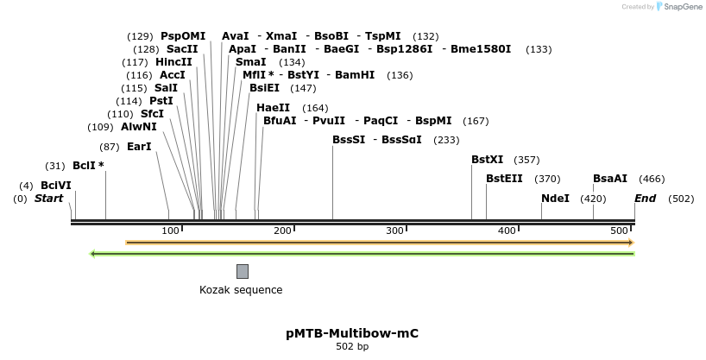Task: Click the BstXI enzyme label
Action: [x=487, y=160]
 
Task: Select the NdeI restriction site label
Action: [x=555, y=199]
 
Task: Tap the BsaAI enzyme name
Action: [x=609, y=179]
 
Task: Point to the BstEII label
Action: [x=504, y=179]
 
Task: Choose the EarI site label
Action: [x=139, y=147]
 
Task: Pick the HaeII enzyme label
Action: [x=273, y=108]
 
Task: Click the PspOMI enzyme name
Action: [x=183, y=36]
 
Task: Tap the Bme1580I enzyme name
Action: [x=481, y=49]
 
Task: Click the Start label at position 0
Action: [x=48, y=199]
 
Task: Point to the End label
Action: [x=645, y=199]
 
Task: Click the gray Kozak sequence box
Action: [x=243, y=271]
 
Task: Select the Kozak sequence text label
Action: [x=241, y=290]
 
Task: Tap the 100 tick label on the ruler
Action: [x=170, y=231]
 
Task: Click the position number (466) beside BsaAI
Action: [x=652, y=179]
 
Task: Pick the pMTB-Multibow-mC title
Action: [x=352, y=332]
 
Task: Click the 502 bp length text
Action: [x=352, y=347]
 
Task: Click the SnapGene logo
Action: [x=678, y=7]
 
